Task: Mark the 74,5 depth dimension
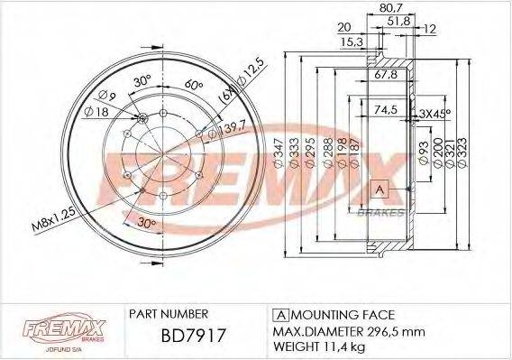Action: click(x=386, y=111)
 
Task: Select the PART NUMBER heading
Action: click(x=169, y=314)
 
